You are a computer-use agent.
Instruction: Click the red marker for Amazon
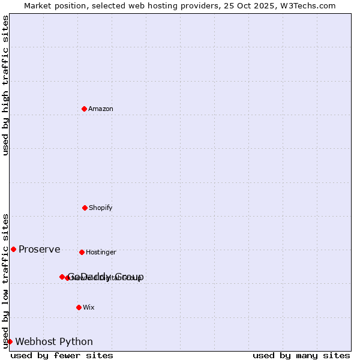tap(84, 109)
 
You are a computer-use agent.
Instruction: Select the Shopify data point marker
tap(85, 208)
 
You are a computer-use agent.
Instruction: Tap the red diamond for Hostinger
tap(82, 252)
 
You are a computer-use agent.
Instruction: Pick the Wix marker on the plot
tap(79, 307)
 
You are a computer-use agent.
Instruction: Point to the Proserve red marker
tap(13, 249)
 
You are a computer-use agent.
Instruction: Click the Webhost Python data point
tap(10, 341)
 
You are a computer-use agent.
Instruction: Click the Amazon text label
tap(101, 109)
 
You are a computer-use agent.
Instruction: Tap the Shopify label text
tap(101, 208)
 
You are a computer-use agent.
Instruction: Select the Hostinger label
tap(101, 252)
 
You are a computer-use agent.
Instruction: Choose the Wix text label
tap(89, 307)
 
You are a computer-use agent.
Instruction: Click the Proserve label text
tap(40, 249)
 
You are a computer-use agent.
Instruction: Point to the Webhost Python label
tap(54, 341)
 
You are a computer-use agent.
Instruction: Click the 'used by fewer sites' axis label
tap(62, 355)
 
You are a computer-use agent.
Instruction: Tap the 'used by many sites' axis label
tap(301, 355)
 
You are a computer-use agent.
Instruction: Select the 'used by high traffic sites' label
tap(6, 85)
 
